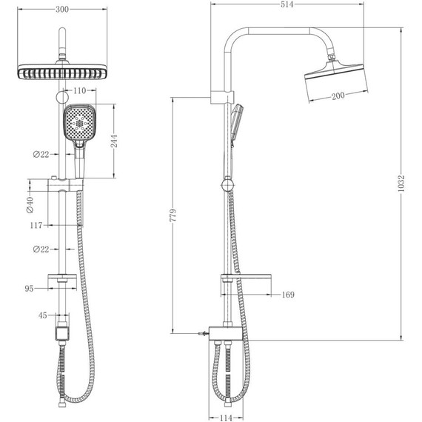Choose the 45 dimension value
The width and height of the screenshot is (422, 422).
[x=43, y=315]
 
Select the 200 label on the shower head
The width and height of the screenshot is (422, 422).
[x=338, y=96]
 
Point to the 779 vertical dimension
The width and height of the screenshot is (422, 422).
[x=173, y=215]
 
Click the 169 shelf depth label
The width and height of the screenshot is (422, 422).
[x=287, y=295]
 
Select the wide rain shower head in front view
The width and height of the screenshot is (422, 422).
[x=63, y=72]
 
